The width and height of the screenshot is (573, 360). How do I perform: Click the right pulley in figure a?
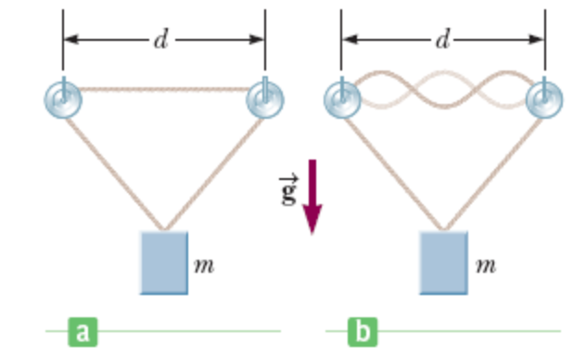tap(264, 99)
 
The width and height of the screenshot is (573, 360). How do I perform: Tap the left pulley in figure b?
tap(341, 99)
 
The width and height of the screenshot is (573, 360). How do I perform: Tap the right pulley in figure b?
tap(544, 99)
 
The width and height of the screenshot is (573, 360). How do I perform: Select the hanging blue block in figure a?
tap(164, 263)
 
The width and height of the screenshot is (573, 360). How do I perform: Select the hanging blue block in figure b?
tap(443, 263)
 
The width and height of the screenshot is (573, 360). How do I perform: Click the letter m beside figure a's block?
tap(205, 264)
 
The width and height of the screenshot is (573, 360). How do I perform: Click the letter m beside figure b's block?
tap(484, 264)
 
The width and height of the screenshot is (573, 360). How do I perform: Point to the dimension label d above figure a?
tap(162, 40)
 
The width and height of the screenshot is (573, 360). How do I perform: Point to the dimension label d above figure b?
tap(443, 40)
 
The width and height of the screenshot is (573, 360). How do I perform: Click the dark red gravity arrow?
tap(312, 195)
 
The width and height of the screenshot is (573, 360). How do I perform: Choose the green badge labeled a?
tap(84, 330)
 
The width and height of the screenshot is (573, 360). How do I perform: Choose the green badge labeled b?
tap(363, 330)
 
